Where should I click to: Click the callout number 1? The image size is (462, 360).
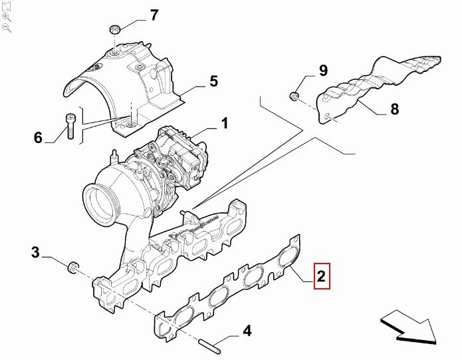(225, 123)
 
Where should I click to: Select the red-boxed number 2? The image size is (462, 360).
(321, 276)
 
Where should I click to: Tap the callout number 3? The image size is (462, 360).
(36, 253)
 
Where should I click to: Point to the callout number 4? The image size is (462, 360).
(246, 331)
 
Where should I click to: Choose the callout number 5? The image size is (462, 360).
(213, 81)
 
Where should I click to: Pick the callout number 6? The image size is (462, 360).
(38, 138)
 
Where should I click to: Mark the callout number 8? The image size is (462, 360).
(394, 110)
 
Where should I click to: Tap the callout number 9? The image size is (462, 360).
(323, 71)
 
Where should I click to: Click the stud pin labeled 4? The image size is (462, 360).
(210, 346)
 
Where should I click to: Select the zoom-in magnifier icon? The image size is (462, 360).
(7, 17)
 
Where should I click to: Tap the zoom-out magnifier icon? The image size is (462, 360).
(7, 27)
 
